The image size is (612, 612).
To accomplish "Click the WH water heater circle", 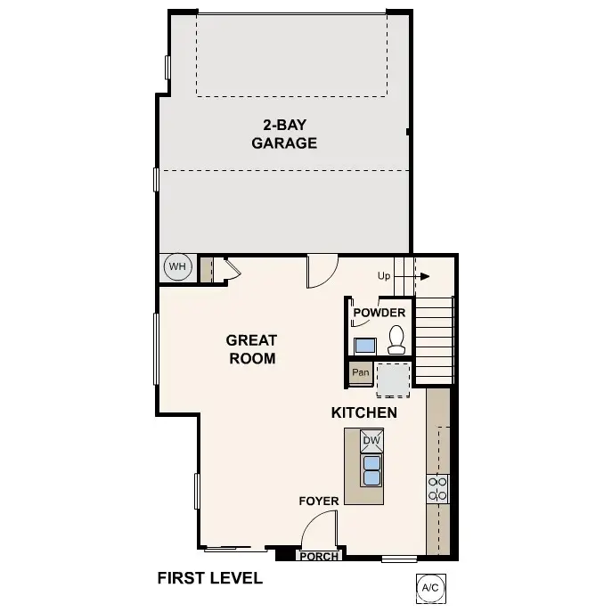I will pyautogui.click(x=177, y=266).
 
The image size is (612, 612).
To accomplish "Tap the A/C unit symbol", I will pyautogui.click(x=429, y=587).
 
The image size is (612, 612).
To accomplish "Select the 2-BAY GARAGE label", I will pyautogui.click(x=284, y=134).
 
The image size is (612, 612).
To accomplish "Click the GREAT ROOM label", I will pyautogui.click(x=250, y=349).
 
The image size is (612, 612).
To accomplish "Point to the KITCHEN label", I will pyautogui.click(x=363, y=413).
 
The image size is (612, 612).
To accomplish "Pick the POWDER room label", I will pyautogui.click(x=379, y=313).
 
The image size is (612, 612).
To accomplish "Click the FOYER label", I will pyautogui.click(x=318, y=502).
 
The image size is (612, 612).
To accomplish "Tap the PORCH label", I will pyautogui.click(x=319, y=557).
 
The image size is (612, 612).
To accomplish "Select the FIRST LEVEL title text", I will pyautogui.click(x=209, y=578).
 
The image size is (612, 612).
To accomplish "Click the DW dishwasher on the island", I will pyautogui.click(x=371, y=441).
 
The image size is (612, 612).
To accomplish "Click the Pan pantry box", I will pyautogui.click(x=360, y=372).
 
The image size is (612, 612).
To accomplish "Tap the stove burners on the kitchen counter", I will pyautogui.click(x=437, y=488).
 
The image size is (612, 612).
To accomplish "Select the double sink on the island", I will pyautogui.click(x=371, y=469).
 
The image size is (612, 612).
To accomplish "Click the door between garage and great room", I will pyautogui.click(x=322, y=271).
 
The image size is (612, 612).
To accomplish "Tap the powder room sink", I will pyautogui.click(x=365, y=345).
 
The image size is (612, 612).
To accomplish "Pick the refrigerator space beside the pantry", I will pyautogui.click(x=393, y=379).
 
